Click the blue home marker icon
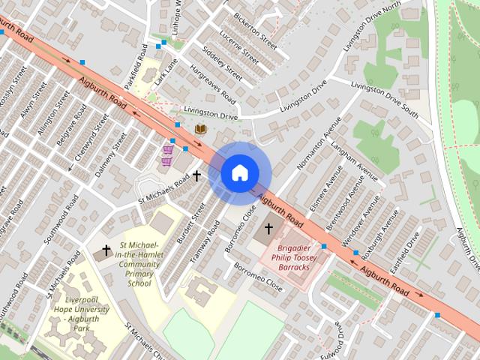click(x=239, y=172)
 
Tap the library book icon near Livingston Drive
click(x=200, y=130)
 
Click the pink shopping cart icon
click(x=168, y=156)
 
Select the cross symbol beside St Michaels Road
click(x=196, y=175)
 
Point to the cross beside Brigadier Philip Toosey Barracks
click(x=268, y=227)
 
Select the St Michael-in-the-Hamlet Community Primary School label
click(x=139, y=264)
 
